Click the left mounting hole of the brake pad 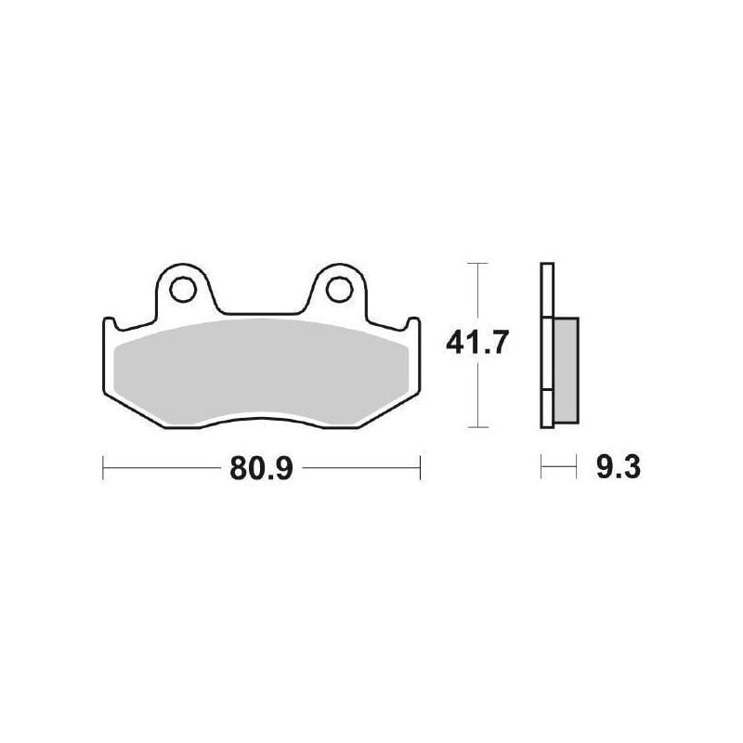183,290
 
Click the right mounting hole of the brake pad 339,290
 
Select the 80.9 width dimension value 262,468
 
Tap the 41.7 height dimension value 477,343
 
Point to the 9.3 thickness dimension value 619,467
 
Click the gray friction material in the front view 262,372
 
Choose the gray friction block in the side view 566,371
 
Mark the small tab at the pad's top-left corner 110,323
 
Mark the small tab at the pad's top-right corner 413,323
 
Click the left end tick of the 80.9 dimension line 103,468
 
